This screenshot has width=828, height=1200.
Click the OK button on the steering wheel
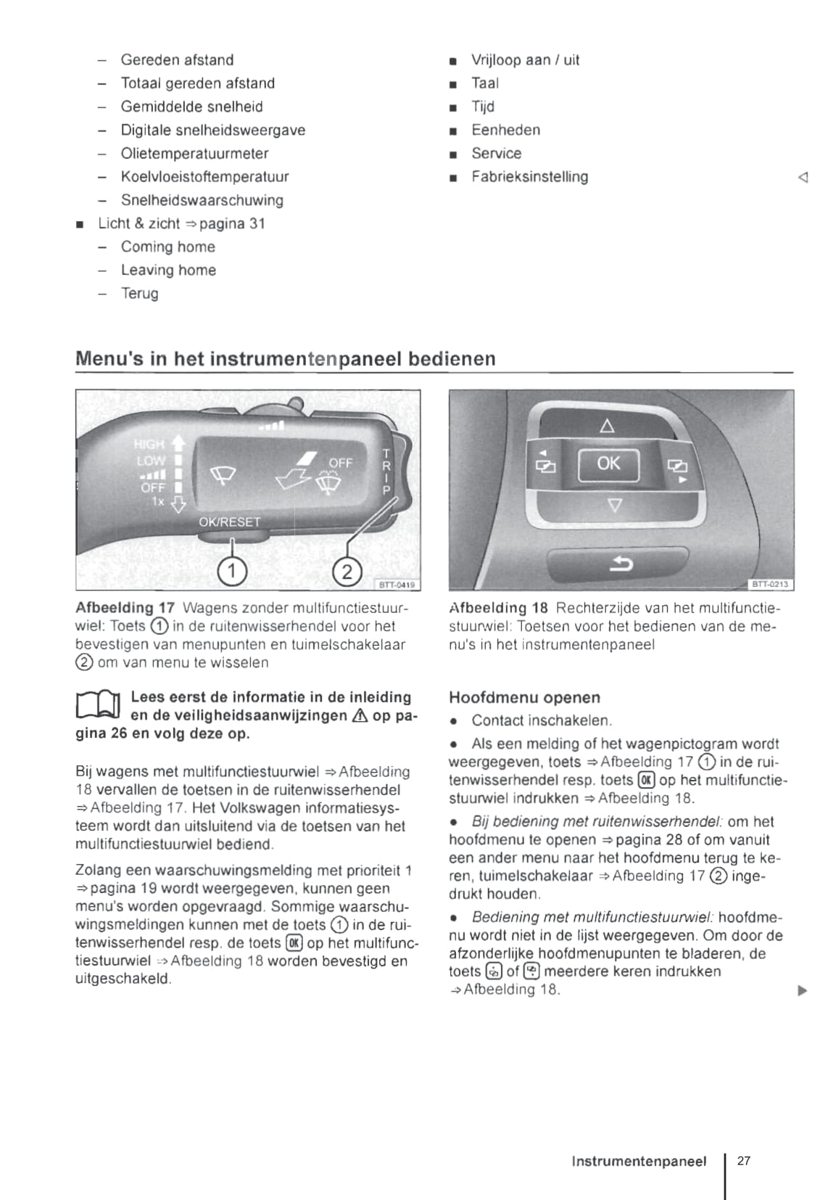click(x=608, y=464)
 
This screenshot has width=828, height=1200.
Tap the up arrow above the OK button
click(x=608, y=426)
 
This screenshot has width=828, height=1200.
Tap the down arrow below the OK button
click(x=614, y=505)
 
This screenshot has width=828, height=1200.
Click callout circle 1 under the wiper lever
click(x=232, y=571)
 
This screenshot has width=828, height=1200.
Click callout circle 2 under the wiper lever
click(x=347, y=571)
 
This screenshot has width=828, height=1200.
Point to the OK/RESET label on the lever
click(x=229, y=522)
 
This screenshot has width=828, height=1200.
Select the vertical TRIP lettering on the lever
click(x=386, y=472)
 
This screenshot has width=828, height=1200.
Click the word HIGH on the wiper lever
click(x=149, y=444)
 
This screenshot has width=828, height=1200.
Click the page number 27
click(x=744, y=1161)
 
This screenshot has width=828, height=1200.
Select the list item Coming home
click(x=167, y=247)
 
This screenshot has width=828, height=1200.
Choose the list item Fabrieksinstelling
click(x=529, y=176)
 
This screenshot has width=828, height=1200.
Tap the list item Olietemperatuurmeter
click(x=194, y=153)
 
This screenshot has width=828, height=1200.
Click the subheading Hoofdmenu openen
click(x=524, y=698)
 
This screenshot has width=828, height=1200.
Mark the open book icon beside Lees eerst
click(x=98, y=706)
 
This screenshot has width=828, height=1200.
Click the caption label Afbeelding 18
click(x=498, y=608)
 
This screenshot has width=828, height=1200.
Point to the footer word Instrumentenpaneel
click(x=638, y=1162)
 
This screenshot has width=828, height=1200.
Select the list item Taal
click(x=484, y=83)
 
